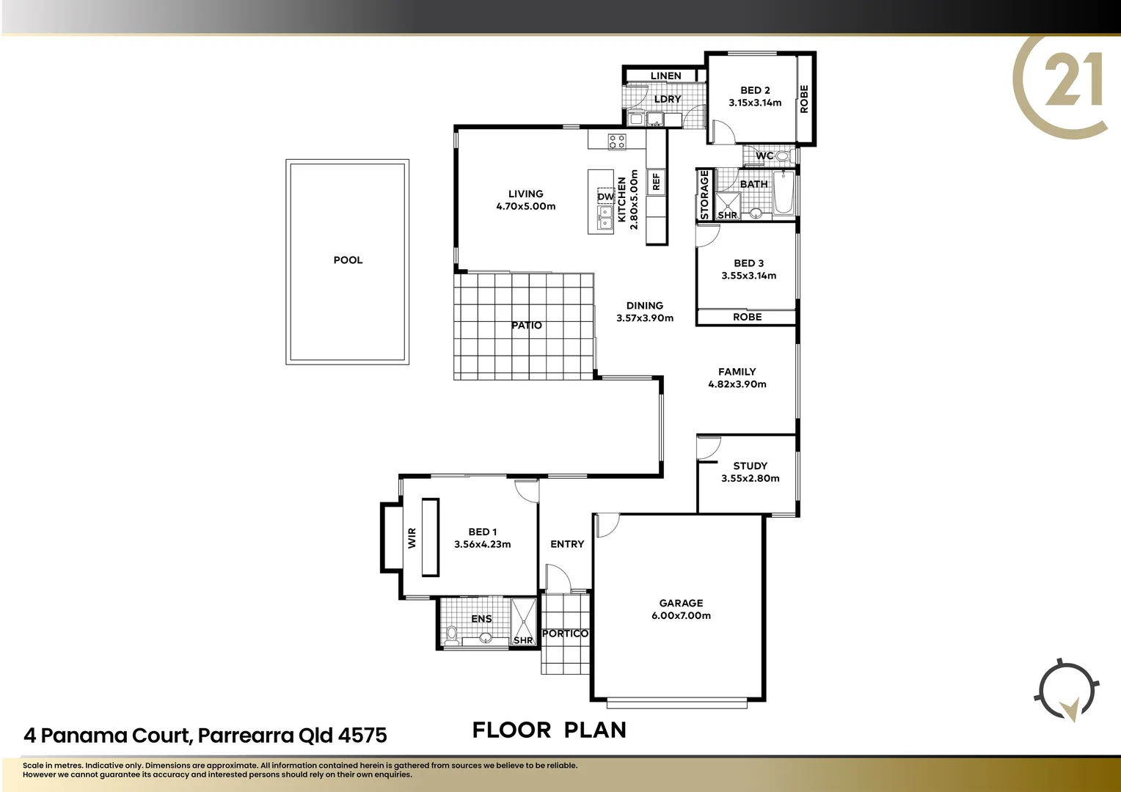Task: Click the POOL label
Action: [x=348, y=260]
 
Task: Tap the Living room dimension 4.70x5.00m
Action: [x=525, y=207]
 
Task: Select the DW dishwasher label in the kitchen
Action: [x=605, y=197]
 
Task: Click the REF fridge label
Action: [x=656, y=181]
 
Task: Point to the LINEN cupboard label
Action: [x=665, y=76]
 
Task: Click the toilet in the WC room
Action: [x=782, y=156]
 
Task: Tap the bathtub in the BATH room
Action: [x=784, y=192]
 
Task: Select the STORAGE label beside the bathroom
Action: [x=704, y=195]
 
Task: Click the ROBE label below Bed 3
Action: [x=747, y=318]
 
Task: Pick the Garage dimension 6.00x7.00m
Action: [x=681, y=616]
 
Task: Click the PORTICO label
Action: [x=565, y=634]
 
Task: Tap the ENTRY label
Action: [x=567, y=544]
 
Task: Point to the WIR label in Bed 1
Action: [x=412, y=538]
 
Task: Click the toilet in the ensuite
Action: [x=452, y=635]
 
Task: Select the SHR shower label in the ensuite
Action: [x=523, y=640]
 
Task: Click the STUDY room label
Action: [x=750, y=466]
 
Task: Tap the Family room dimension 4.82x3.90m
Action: [x=737, y=384]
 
